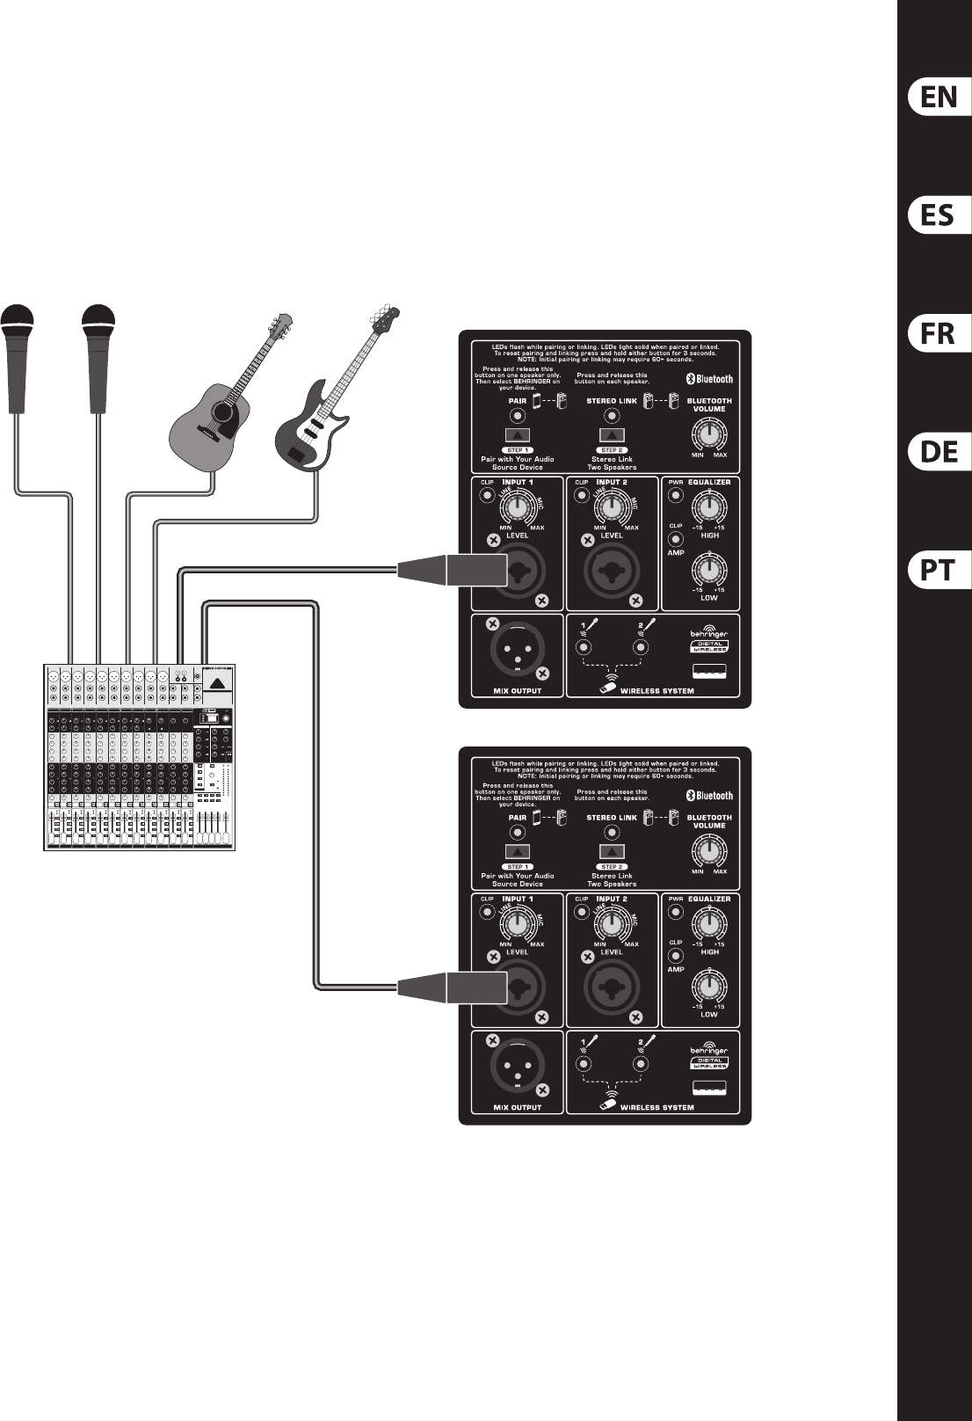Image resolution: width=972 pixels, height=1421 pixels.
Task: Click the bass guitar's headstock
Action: point(384,317)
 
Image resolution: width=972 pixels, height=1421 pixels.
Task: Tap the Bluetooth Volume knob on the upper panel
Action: point(708,433)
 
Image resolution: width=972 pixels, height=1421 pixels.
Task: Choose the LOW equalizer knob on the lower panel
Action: point(708,987)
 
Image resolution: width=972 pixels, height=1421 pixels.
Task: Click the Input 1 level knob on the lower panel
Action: point(518,923)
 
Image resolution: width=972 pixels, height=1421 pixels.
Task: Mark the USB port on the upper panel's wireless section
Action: point(708,674)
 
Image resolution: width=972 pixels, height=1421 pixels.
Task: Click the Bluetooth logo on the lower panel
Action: point(709,795)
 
